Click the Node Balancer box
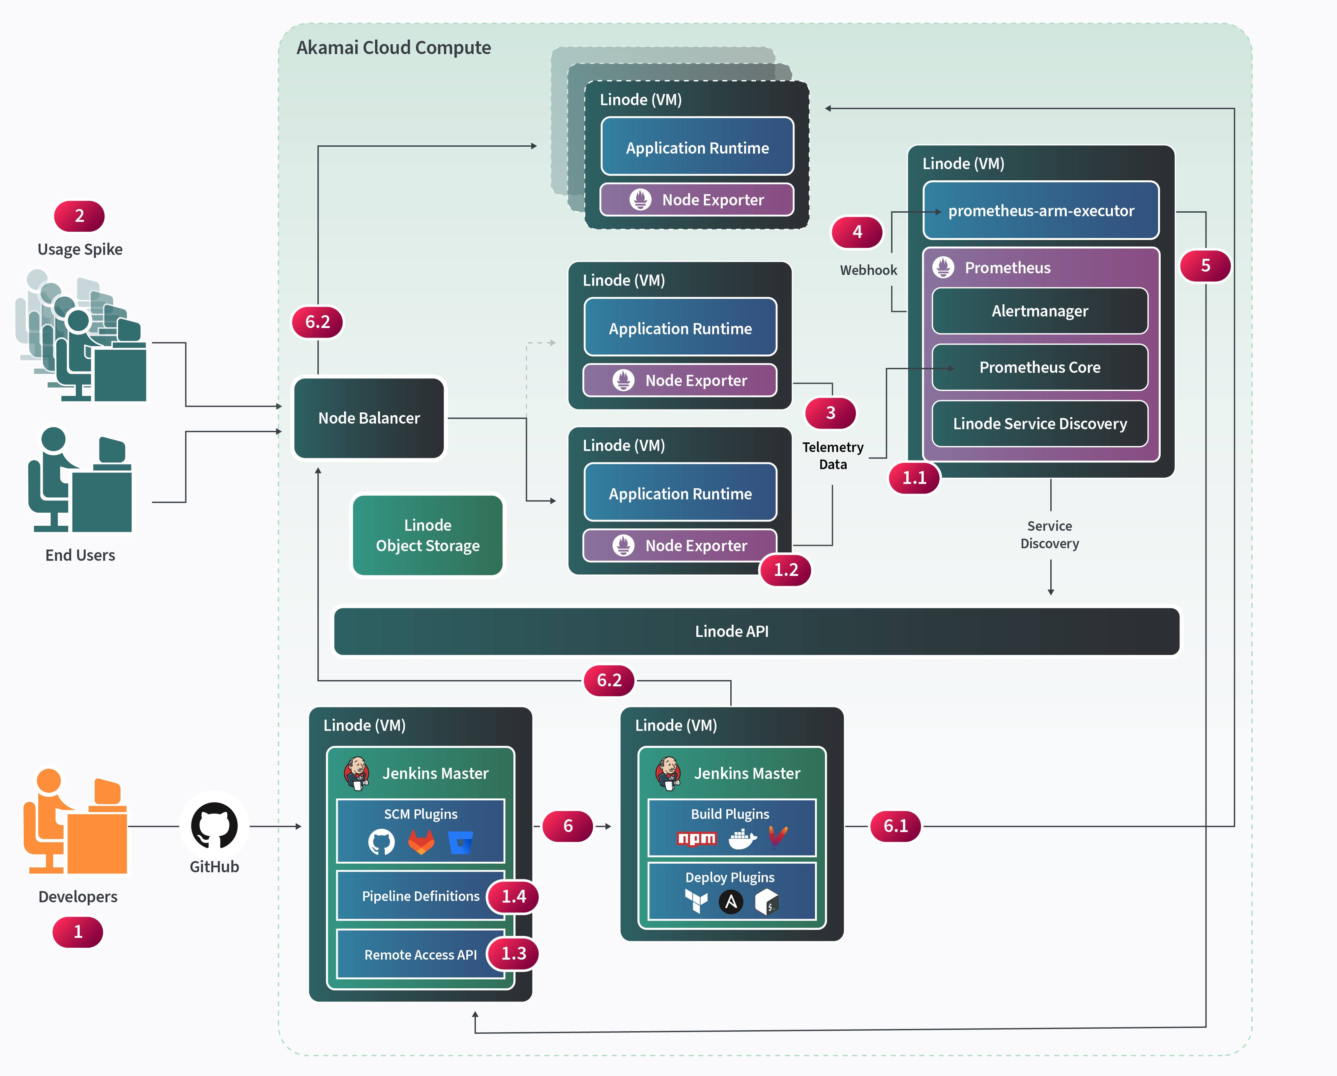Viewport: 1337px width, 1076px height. click(369, 418)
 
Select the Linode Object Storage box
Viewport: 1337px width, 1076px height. click(427, 535)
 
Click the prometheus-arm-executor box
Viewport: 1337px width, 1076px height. click(1041, 211)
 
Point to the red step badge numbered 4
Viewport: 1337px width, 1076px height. click(857, 232)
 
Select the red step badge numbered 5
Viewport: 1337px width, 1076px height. click(1205, 265)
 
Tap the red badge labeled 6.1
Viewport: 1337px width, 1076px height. click(895, 826)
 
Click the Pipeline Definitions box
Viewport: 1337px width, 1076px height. click(421, 896)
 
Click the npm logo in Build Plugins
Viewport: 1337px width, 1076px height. click(696, 838)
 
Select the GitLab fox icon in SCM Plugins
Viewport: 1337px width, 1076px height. click(421, 842)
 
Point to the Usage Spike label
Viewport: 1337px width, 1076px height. click(80, 249)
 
